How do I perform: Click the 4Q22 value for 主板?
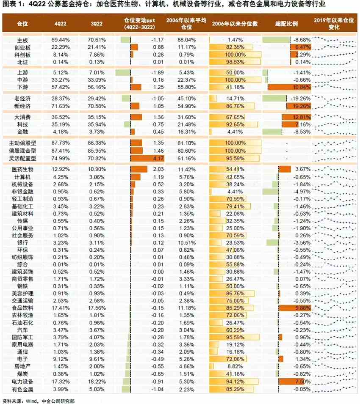point(61,40)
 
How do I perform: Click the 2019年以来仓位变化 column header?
point(335,23)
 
